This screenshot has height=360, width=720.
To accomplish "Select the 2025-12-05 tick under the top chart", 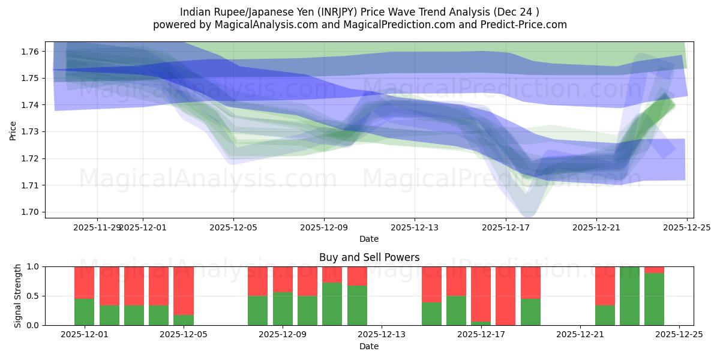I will pos(233,228).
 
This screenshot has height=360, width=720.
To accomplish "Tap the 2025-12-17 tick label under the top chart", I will pos(505,228).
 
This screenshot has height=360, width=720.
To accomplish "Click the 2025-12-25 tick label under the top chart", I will pos(686,228).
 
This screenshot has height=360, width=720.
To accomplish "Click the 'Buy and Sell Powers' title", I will pos(369,257).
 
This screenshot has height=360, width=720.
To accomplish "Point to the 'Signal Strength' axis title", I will pos(18,295).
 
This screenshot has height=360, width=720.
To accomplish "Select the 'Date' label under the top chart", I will pos(369,239).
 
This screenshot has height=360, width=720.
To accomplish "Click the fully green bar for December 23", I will pos(629,296).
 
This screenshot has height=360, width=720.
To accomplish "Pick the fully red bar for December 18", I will pos(505,296).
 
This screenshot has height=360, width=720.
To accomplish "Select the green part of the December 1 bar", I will pos(84,312).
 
